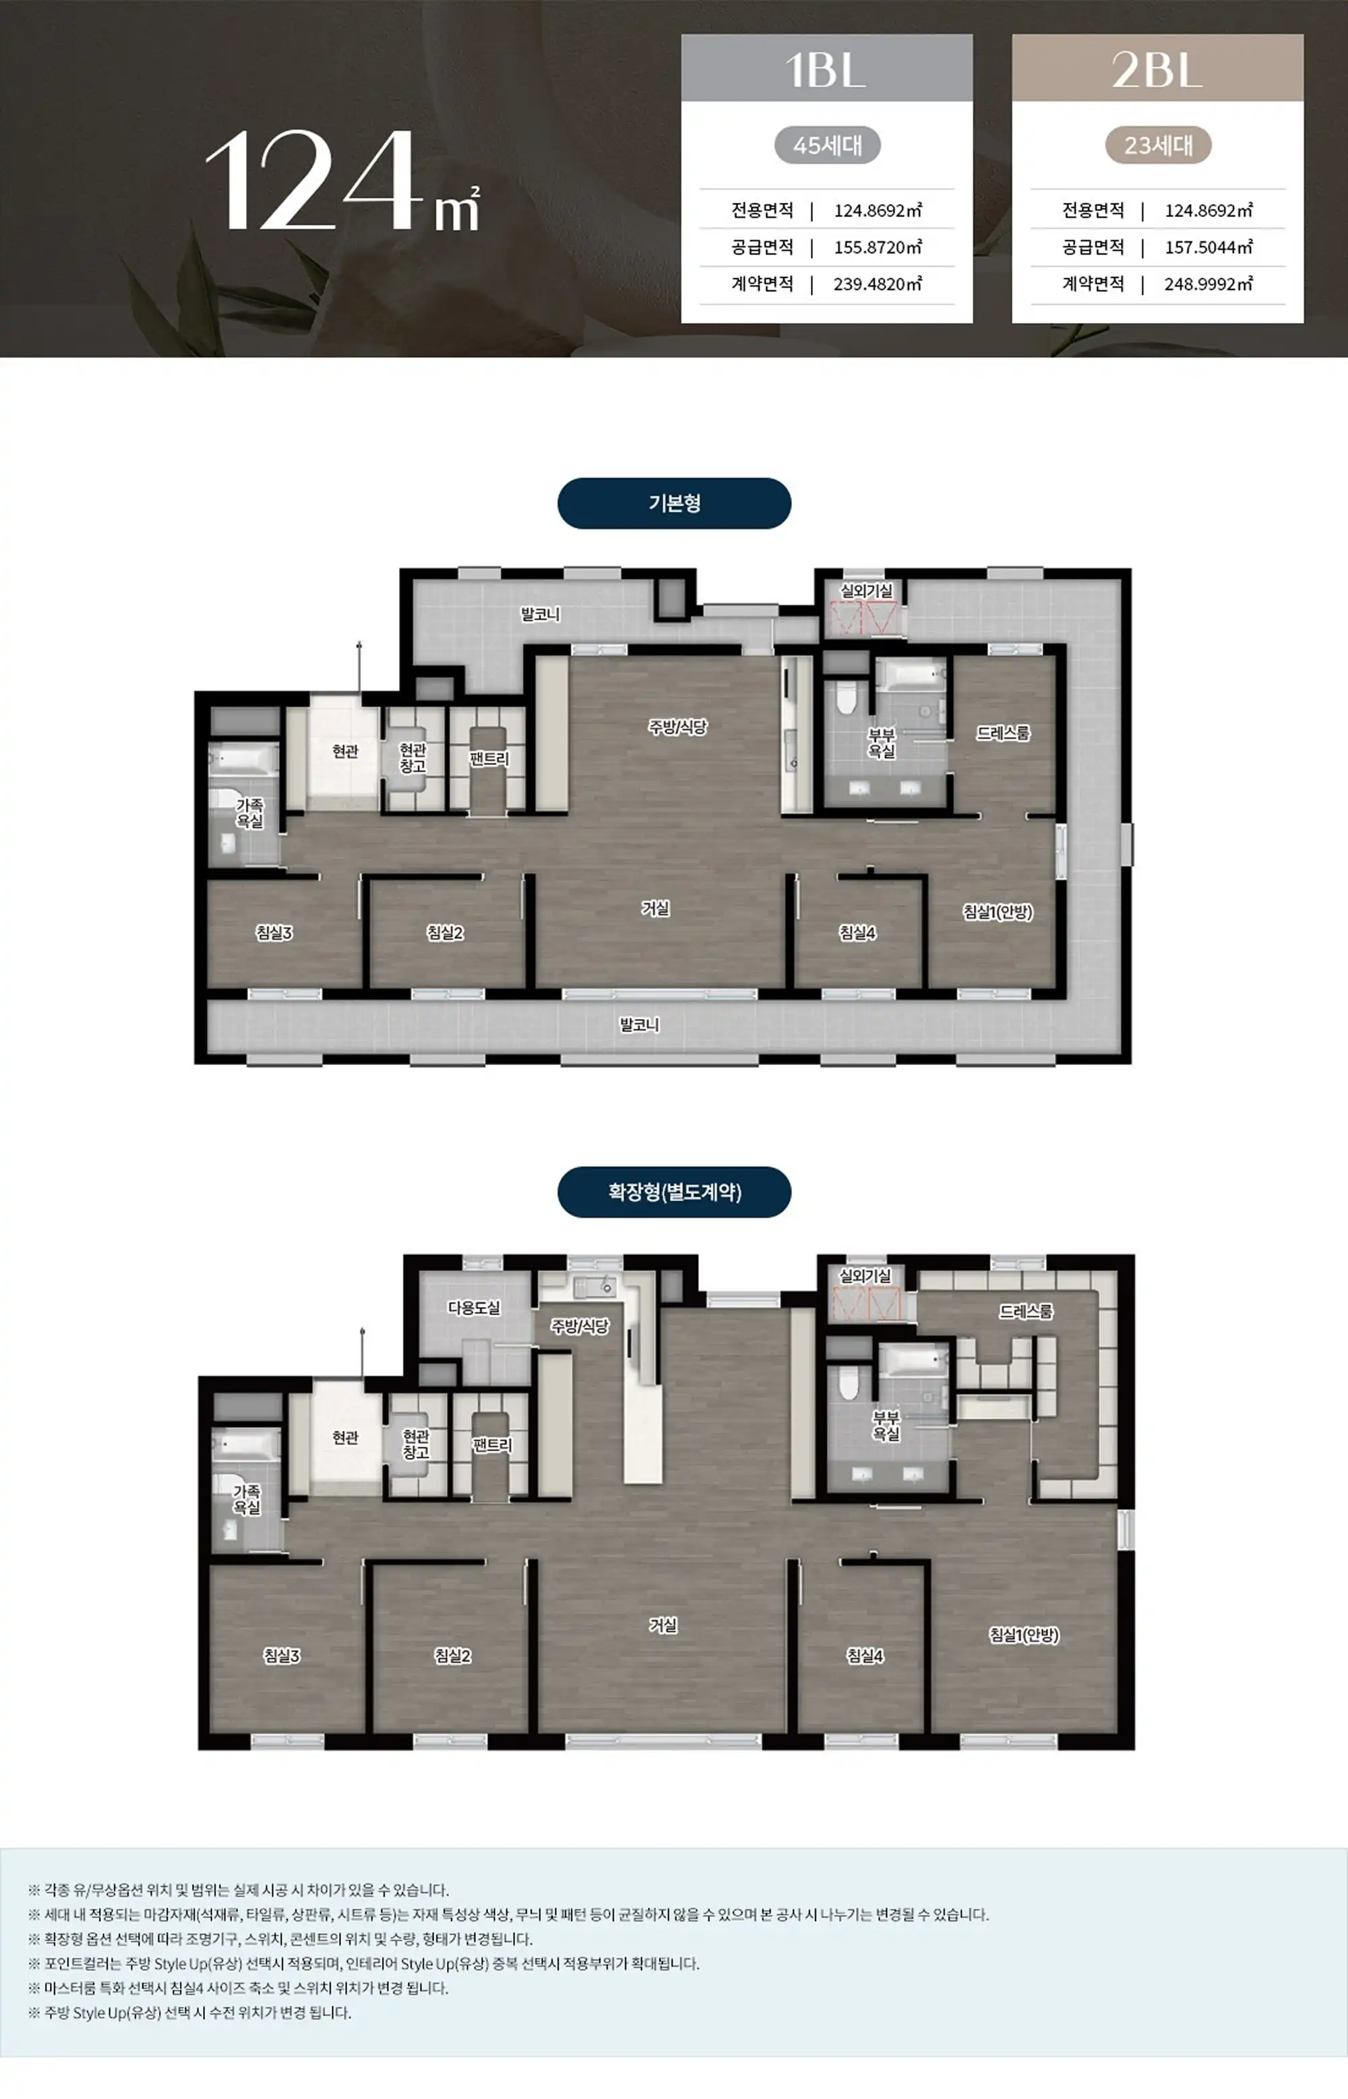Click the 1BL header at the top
click(x=826, y=69)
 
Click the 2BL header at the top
click(x=1157, y=69)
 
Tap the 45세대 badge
click(x=827, y=146)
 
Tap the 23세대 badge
click(x=1158, y=146)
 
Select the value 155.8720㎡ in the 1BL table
click(x=878, y=247)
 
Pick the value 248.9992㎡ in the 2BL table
click(x=1209, y=284)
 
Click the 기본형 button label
click(x=674, y=504)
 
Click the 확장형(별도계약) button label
click(x=674, y=1192)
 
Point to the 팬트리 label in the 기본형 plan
click(x=489, y=759)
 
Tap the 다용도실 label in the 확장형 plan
click(x=474, y=1308)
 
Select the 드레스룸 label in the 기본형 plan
click(x=1003, y=733)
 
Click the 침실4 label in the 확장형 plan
click(x=865, y=1656)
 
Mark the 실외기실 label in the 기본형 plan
click(x=867, y=591)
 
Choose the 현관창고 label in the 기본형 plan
click(x=412, y=758)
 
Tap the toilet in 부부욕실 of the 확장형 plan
click(x=847, y=1382)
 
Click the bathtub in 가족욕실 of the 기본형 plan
click(x=243, y=759)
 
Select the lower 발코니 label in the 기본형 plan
click(x=640, y=1024)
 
